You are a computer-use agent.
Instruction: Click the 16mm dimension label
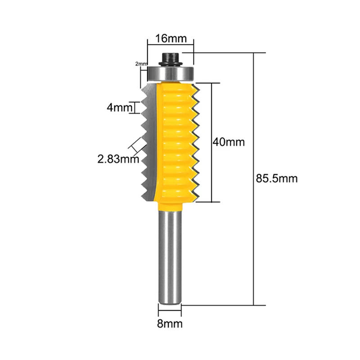[x=171, y=38]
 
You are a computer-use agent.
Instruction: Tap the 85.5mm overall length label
[x=277, y=178]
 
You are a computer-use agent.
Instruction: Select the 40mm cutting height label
[x=229, y=142]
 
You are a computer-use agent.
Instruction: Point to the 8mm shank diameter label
[x=170, y=324]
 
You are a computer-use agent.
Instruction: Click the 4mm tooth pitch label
[x=120, y=107]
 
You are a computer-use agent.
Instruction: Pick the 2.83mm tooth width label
[x=118, y=159]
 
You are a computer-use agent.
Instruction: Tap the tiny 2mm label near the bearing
[x=141, y=63]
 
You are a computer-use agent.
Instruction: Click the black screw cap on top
[x=171, y=59]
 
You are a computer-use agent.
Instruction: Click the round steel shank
[x=170, y=257]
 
